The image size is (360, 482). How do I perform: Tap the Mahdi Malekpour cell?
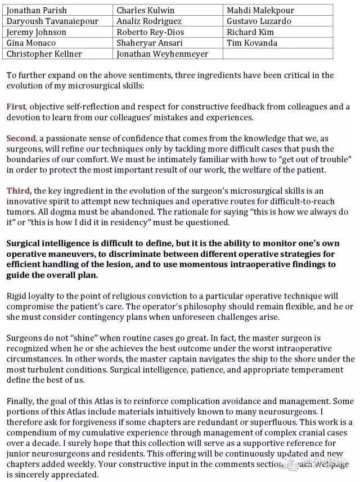click(260, 10)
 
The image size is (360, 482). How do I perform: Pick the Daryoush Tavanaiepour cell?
click(52, 21)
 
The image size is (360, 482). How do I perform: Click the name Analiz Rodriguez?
click(148, 21)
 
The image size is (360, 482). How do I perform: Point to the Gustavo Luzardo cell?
click(259, 21)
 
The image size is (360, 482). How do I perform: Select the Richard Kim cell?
click(250, 32)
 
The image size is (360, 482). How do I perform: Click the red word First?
click(16, 106)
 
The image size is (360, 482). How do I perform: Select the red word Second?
click(21, 139)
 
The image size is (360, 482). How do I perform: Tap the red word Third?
click(19, 191)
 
